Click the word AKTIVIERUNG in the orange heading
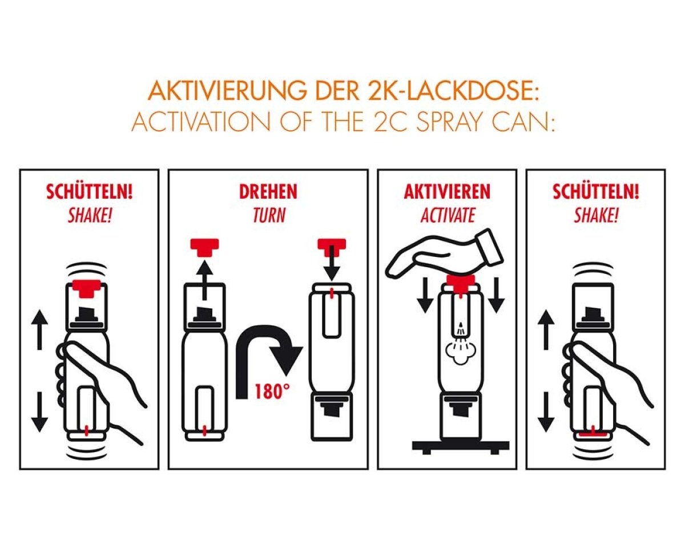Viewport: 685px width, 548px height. pyautogui.click(x=227, y=91)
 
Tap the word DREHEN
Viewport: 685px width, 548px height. pyautogui.click(x=268, y=192)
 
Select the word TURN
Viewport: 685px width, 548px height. pyautogui.click(x=269, y=215)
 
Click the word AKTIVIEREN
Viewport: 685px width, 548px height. pyautogui.click(x=447, y=192)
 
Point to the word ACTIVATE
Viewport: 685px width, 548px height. pyautogui.click(x=448, y=215)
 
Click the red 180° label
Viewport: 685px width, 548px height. pyautogui.click(x=272, y=391)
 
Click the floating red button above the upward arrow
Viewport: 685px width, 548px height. pyautogui.click(x=204, y=247)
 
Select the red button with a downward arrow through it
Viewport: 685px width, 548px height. pyautogui.click(x=332, y=247)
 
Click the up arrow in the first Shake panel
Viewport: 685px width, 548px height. pyautogui.click(x=39, y=329)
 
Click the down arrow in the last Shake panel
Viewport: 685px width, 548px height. pyautogui.click(x=546, y=412)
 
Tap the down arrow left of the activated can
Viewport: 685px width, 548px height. pyautogui.click(x=425, y=295)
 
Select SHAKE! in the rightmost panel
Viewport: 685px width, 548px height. pyautogui.click(x=596, y=215)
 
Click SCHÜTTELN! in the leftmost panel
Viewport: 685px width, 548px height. pyautogui.click(x=90, y=192)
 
